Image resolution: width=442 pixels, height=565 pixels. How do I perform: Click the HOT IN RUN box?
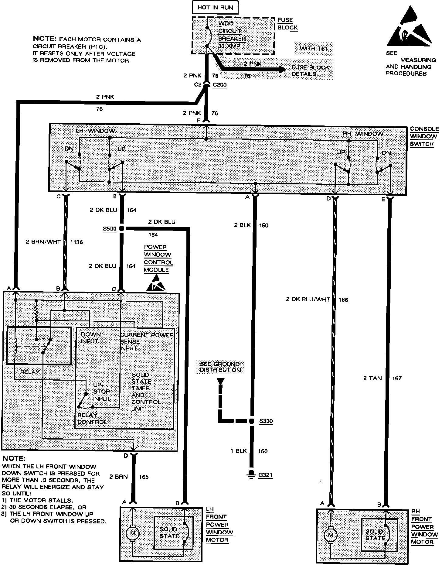point(215,7)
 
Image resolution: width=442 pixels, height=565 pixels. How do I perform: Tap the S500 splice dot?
point(121,229)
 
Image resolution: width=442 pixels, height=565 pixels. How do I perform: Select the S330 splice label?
point(266,421)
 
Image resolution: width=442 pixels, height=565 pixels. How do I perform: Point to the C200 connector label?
point(219,85)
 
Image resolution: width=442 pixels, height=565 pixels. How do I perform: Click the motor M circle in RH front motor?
point(330,535)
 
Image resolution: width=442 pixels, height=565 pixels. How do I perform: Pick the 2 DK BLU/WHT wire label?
point(308,300)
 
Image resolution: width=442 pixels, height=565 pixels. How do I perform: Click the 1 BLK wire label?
point(239,451)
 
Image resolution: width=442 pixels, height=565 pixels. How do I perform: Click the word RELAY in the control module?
point(30,372)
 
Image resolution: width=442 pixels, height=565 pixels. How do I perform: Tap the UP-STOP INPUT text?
point(101,392)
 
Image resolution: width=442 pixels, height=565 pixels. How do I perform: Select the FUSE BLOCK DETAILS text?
point(310,71)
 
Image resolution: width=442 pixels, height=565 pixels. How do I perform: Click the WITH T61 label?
point(314,48)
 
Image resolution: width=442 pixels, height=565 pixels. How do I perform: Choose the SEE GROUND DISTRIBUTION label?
point(220,367)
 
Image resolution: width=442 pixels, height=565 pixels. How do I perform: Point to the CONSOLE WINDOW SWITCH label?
point(424,136)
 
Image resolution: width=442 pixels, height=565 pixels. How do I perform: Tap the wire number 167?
point(397,378)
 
